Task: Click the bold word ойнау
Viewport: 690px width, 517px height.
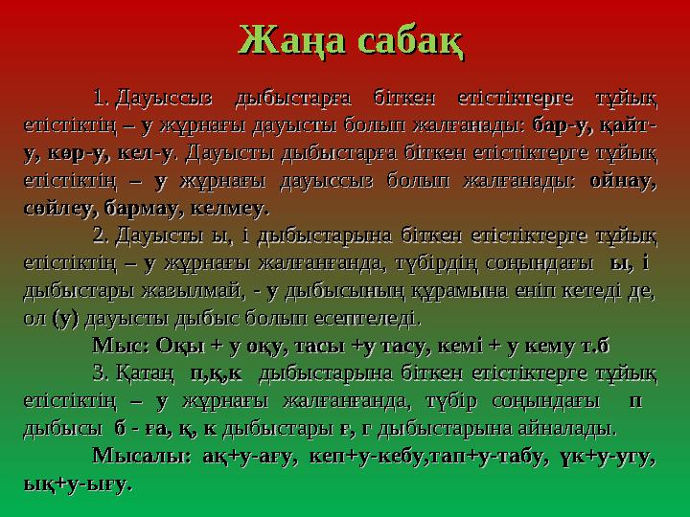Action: (x=624, y=179)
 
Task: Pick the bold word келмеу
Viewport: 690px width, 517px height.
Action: (x=230, y=206)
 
